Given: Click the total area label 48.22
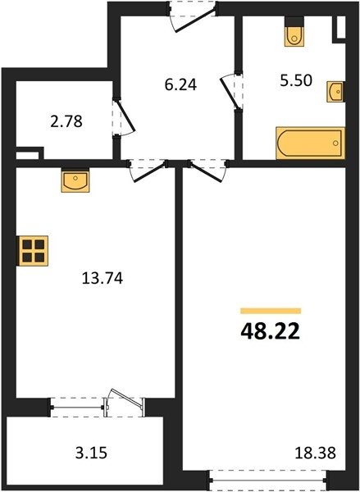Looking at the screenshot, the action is [x=271, y=332].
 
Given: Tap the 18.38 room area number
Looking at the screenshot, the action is [x=316, y=453].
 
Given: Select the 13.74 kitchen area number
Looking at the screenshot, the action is [x=103, y=278].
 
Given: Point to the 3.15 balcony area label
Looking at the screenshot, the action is [x=91, y=453].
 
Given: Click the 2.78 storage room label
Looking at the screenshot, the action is [x=66, y=121].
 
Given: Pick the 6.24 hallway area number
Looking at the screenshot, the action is [x=180, y=84].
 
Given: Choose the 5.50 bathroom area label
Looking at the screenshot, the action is [x=296, y=80].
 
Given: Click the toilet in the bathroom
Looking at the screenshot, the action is [x=294, y=32].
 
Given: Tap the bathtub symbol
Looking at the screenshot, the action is [x=310, y=143].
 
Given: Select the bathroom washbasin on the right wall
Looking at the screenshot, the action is [x=336, y=92].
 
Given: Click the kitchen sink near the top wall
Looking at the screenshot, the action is [x=75, y=180].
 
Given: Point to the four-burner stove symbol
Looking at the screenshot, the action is [x=33, y=251].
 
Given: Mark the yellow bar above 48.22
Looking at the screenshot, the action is [x=271, y=311].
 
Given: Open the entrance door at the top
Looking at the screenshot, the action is [x=192, y=16].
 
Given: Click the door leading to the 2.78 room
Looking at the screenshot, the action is [x=124, y=118].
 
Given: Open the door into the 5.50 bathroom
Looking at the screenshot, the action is [x=231, y=91].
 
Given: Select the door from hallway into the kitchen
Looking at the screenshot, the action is [x=148, y=171].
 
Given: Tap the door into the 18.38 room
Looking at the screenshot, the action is [x=207, y=171].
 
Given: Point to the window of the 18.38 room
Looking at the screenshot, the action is [x=268, y=480].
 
